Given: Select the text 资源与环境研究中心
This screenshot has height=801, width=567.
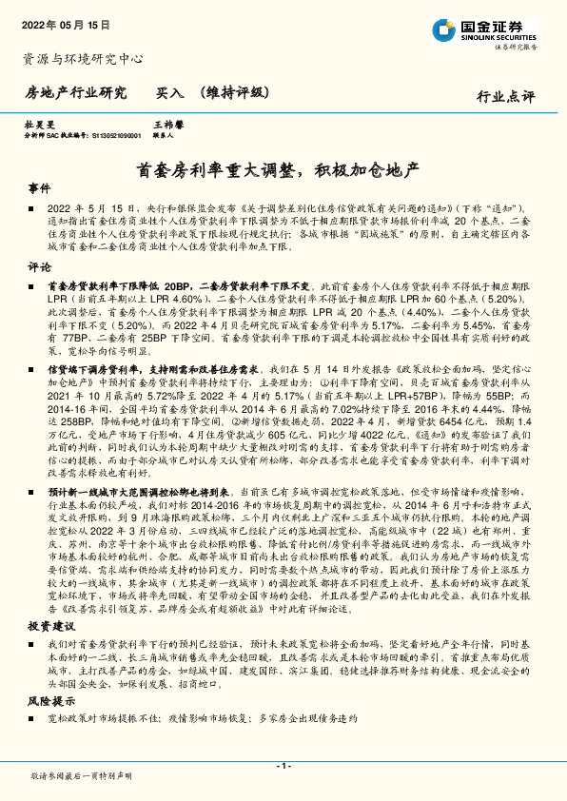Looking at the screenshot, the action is tap(83, 59).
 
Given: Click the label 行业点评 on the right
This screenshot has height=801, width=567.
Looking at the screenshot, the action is tap(507, 96).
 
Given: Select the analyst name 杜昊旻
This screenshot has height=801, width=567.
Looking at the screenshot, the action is tap(39, 125).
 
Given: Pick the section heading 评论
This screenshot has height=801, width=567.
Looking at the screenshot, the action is tap(39, 266).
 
